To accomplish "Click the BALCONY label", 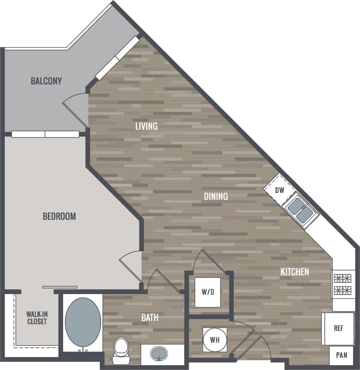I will click(46, 81).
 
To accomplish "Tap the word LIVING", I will click(146, 126).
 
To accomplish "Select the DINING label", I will click(216, 196).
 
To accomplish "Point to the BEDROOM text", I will click(59, 216).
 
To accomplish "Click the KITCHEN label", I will click(295, 272).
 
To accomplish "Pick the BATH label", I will click(149, 318).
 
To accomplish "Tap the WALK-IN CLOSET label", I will click(37, 318).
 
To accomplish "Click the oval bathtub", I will click(83, 322).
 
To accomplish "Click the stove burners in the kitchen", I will click(343, 284).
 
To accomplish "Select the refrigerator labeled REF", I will click(338, 328).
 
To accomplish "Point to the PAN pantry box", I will click(342, 355).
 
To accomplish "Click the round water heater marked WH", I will click(214, 339).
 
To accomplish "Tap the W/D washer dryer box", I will click(208, 292).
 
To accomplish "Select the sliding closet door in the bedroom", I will click(60, 287).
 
